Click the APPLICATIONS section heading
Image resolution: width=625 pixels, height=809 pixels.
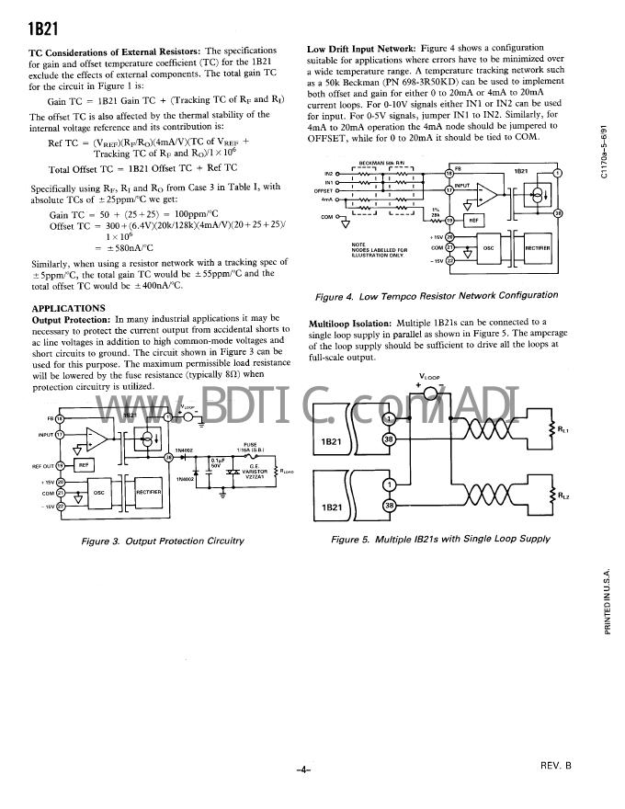point(70,308)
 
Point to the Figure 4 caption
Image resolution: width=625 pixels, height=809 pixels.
point(437,296)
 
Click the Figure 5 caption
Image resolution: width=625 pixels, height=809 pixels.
point(440,540)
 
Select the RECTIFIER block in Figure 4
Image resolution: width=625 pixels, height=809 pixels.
point(538,248)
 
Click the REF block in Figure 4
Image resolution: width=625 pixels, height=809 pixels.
point(474,221)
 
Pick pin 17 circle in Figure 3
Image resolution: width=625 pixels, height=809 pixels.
point(60,434)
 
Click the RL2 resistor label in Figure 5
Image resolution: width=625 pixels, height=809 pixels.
point(564,496)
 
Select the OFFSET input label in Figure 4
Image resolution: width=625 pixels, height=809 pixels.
point(327,190)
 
